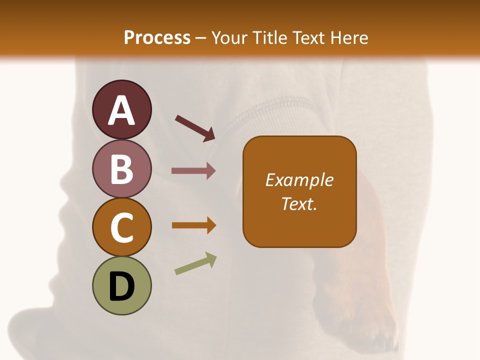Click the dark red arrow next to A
point(194,128)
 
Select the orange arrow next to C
point(193,225)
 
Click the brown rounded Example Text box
point(299,191)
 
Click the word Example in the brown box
point(299,180)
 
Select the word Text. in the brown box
point(299,203)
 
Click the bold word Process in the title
point(157,37)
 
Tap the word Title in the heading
point(269,37)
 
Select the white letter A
point(121,110)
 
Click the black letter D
point(121,287)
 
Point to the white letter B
point(121,169)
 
